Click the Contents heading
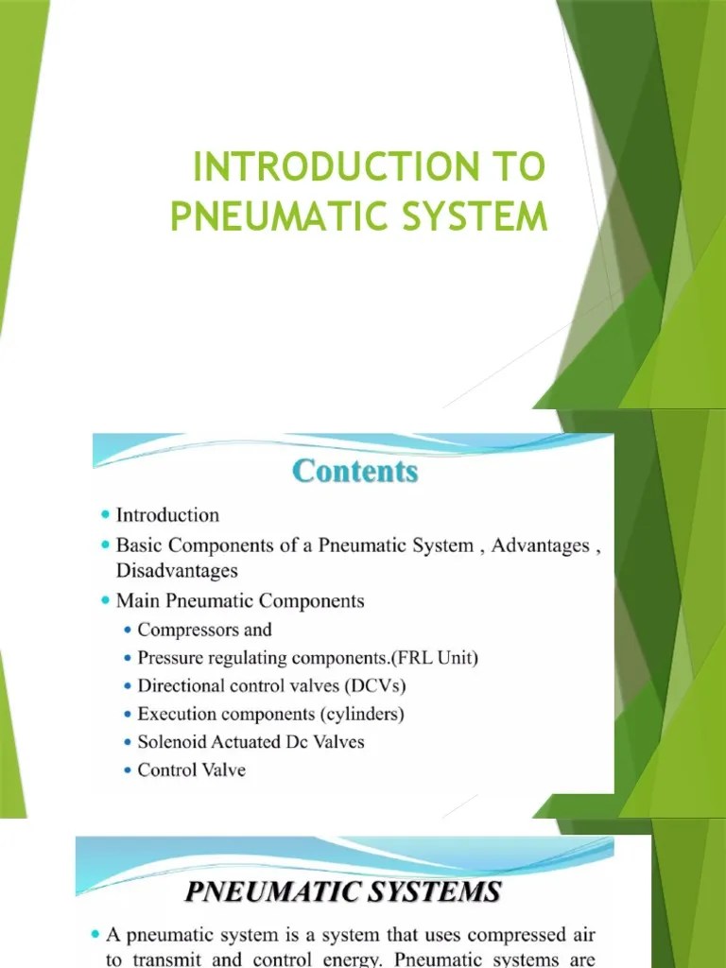(355, 470)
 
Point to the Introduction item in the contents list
(167, 515)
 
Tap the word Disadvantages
(177, 570)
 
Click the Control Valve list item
(191, 769)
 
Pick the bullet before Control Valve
(128, 770)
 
